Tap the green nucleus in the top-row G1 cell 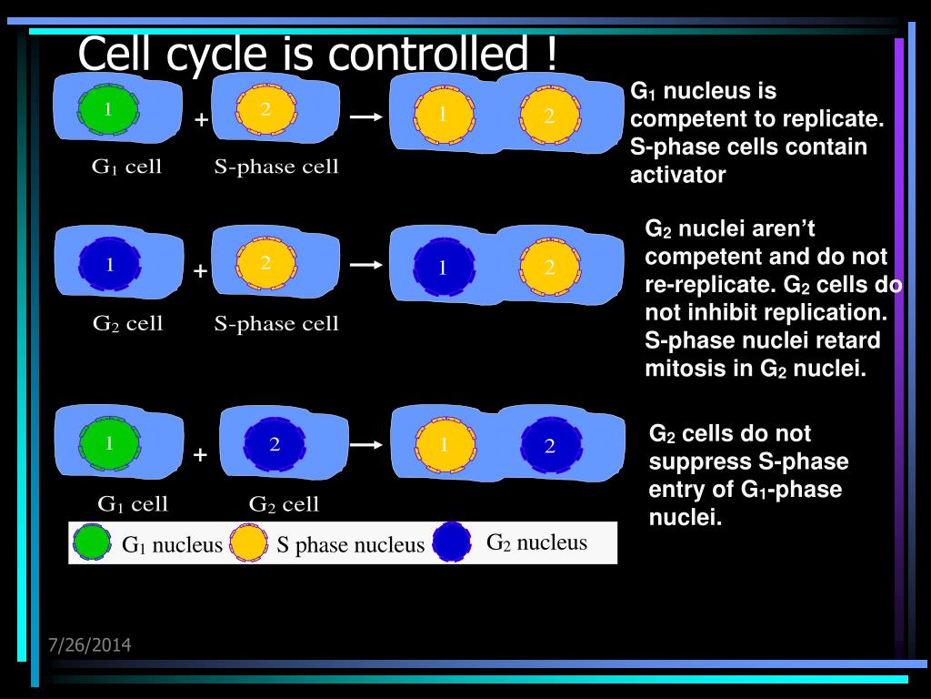(x=108, y=110)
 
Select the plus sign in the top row (x=201, y=120)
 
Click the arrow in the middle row (x=365, y=265)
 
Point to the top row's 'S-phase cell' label (x=276, y=167)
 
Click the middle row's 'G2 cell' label (x=128, y=323)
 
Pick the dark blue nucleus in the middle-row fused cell (x=444, y=268)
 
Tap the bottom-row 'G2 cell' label (x=285, y=503)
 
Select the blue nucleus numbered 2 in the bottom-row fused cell (x=550, y=446)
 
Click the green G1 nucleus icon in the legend (x=91, y=543)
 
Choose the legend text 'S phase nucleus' (x=351, y=545)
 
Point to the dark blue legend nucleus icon (x=452, y=542)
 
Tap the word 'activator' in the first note (x=678, y=176)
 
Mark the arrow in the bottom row (x=365, y=445)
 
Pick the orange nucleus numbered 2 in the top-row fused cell (x=549, y=116)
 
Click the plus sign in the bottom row (x=201, y=455)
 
